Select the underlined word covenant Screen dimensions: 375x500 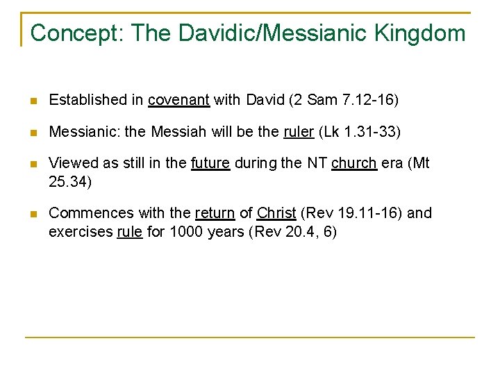click(x=178, y=100)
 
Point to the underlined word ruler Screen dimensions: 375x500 click(x=299, y=132)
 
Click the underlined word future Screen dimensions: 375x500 click(x=210, y=163)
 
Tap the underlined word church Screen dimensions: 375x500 click(x=354, y=163)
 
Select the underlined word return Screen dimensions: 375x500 click(x=215, y=213)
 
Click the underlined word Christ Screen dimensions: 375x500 click(x=276, y=213)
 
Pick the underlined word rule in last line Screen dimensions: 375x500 click(x=129, y=232)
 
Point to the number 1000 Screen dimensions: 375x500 click(x=187, y=232)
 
